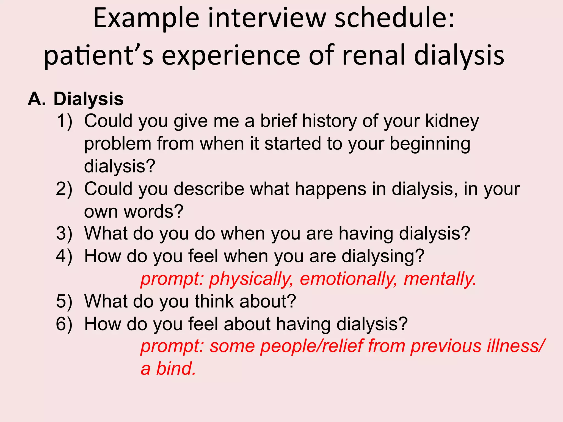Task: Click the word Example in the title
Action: point(146,19)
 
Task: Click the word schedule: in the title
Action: point(394,19)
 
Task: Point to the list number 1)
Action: point(64,121)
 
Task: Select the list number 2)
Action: point(64,189)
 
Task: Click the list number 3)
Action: point(64,234)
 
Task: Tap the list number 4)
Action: point(64,256)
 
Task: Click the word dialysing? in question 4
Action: point(383,257)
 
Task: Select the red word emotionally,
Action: point(348,279)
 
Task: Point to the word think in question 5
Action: point(214,301)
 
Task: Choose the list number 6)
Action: point(64,324)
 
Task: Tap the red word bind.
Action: point(176,369)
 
